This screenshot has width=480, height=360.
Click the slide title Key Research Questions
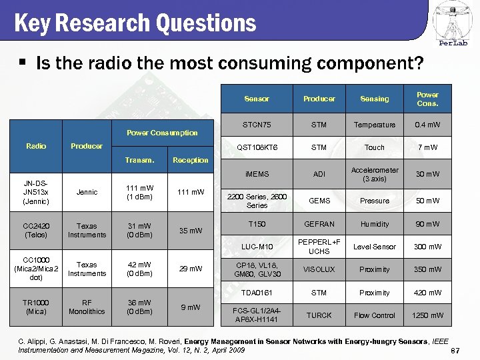click(x=135, y=23)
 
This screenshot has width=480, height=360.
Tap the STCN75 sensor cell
click(x=257, y=125)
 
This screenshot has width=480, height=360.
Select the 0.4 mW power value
click(x=427, y=125)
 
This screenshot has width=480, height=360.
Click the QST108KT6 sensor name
click(x=257, y=147)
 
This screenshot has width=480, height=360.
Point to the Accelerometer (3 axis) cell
click(x=374, y=174)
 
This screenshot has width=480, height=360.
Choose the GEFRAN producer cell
click(x=319, y=225)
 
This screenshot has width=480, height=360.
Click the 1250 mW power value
click(x=427, y=315)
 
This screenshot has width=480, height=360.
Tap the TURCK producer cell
click(x=319, y=315)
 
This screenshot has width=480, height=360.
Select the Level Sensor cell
click(x=374, y=247)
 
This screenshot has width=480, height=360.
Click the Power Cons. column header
click(x=427, y=99)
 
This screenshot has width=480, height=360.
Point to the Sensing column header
click(x=374, y=99)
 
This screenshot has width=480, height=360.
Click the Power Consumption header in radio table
click(x=163, y=133)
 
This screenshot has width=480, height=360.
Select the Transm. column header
click(x=139, y=160)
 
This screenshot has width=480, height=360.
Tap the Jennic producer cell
click(x=87, y=192)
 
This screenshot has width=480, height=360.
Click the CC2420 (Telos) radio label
click(x=36, y=230)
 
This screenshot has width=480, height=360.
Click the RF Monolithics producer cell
click(x=87, y=307)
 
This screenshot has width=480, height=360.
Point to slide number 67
click(x=456, y=351)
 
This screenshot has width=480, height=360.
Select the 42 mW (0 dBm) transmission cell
click(x=139, y=269)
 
